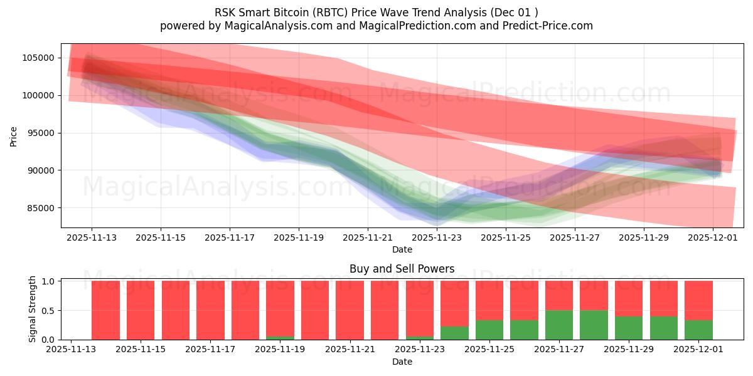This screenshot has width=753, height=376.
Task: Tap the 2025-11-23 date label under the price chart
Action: coord(437,238)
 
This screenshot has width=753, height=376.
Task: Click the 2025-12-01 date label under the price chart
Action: coord(713,238)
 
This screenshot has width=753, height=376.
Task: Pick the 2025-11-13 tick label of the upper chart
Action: coord(92,238)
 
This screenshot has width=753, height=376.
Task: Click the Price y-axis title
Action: coord(13,135)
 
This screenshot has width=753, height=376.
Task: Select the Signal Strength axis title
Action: coord(32,309)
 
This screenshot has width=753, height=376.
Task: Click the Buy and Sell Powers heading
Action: coord(402,269)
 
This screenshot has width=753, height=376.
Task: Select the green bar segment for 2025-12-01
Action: coord(698,330)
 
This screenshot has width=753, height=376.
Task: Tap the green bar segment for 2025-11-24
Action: coord(454,333)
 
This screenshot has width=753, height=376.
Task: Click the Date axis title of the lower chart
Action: coord(402,362)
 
